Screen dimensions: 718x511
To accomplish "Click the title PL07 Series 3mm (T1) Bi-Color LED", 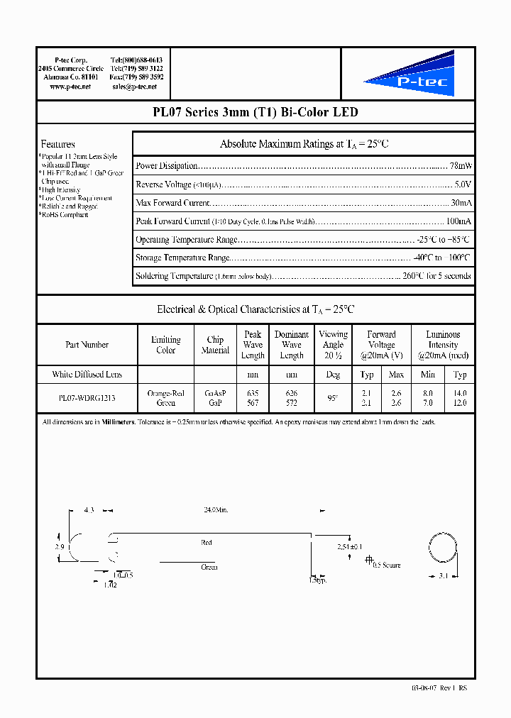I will [255, 112].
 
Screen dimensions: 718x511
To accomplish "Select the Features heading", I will [57, 144].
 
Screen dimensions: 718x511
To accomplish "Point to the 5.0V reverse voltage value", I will [463, 184].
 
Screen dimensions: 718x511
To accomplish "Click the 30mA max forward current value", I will [461, 203].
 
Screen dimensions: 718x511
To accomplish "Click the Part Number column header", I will [87, 345].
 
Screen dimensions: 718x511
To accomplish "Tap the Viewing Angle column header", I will [333, 345].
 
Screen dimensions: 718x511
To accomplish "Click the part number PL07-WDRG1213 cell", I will [87, 398].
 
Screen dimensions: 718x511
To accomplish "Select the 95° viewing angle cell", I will [333, 398].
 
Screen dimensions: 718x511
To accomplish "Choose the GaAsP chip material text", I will [215, 393].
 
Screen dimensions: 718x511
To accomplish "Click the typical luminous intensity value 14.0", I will [460, 393].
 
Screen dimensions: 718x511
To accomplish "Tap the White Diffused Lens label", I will [87, 375].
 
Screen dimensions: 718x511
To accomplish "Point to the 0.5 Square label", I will [387, 565].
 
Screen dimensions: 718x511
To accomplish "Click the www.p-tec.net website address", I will [70, 87].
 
